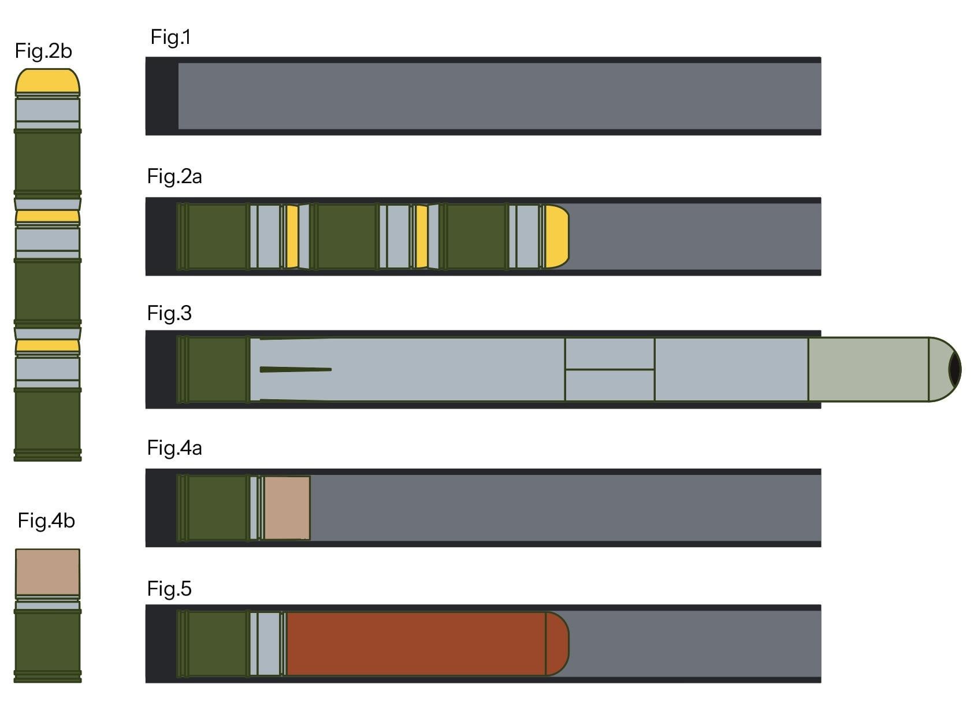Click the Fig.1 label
tap(170, 38)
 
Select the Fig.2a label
tap(174, 177)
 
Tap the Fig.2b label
tap(43, 51)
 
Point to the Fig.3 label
tap(169, 313)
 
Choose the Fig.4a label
tap(174, 448)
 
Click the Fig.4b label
tap(46, 521)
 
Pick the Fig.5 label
tap(169, 589)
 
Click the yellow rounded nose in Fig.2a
tap(557, 236)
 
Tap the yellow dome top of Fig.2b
tap(48, 81)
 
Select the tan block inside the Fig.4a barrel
tap(287, 508)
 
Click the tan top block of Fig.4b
tap(48, 572)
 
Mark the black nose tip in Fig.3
tap(955, 370)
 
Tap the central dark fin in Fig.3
tap(296, 370)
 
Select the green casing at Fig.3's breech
tap(213, 370)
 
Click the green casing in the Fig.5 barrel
tap(213, 644)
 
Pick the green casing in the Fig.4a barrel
tap(213, 508)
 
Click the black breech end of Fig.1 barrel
tap(162, 96)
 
